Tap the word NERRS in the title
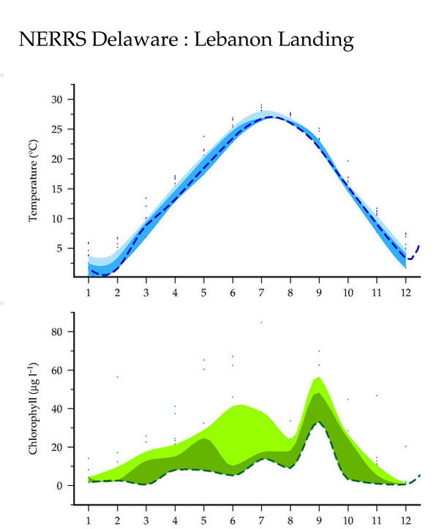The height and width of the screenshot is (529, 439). coord(53,39)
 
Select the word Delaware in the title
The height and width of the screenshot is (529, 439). coord(135,39)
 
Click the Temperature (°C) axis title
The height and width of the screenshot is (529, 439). coord(33,180)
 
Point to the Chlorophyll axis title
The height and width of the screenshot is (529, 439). coord(33,408)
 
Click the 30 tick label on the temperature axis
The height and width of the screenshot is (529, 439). coord(57,99)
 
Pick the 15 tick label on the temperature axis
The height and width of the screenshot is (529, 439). coord(57,189)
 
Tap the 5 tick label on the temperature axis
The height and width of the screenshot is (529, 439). coord(59,248)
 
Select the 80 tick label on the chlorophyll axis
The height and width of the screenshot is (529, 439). coord(57,332)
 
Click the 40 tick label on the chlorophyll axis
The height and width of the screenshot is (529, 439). coord(57,409)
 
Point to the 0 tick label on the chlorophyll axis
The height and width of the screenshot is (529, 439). coord(59,486)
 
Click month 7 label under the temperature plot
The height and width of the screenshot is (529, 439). coord(261,292)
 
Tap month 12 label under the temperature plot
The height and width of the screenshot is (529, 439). coord(405,292)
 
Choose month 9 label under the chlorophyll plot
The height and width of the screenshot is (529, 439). coord(319,520)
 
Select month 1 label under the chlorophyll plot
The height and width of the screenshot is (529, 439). coord(89,520)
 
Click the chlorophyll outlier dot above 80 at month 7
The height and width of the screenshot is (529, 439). coord(261,322)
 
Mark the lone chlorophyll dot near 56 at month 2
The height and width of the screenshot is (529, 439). coord(117,377)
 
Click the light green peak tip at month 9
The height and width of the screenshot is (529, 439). coord(319,377)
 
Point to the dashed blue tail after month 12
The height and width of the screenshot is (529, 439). coord(413,254)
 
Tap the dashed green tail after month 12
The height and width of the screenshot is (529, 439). coord(413,480)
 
